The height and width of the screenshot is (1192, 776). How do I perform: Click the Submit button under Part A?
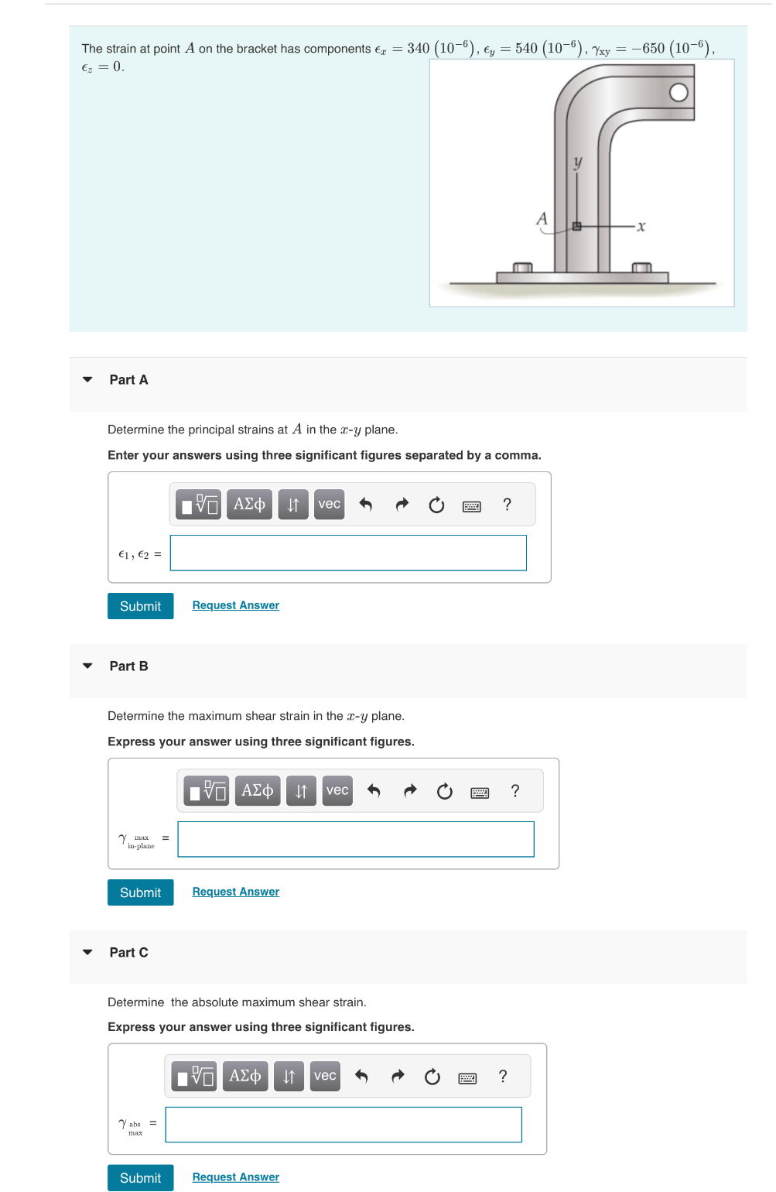coord(140,606)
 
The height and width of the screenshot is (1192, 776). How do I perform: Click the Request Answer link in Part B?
coord(235,892)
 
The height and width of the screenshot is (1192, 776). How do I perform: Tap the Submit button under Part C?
coord(140,1178)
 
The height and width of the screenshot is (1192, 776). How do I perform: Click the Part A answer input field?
coord(348,553)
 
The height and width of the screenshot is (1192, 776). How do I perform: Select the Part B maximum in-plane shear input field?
coord(356,840)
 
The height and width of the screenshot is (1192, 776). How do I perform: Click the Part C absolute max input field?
coord(344,1125)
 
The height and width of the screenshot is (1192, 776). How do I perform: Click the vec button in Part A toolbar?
coord(329,505)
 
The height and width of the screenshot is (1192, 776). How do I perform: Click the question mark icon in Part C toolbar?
coord(503,1077)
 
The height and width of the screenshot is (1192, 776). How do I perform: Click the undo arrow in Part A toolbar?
coord(366,505)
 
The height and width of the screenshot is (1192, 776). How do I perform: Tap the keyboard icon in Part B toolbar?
coord(480,792)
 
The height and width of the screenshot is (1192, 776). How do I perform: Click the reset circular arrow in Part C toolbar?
coord(432,1077)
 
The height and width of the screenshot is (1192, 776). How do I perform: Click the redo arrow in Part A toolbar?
coord(402,505)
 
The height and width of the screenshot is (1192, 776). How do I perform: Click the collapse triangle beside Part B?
coord(87,666)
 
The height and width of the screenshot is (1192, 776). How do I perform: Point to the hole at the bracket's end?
coord(679,93)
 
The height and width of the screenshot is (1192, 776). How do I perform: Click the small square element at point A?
coord(576,226)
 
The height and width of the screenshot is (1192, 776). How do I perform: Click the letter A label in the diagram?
coord(542,219)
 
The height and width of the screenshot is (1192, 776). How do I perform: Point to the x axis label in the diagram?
coord(641,227)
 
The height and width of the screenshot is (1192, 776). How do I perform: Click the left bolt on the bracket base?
coord(523,268)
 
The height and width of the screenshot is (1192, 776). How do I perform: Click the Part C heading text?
coord(128,952)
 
